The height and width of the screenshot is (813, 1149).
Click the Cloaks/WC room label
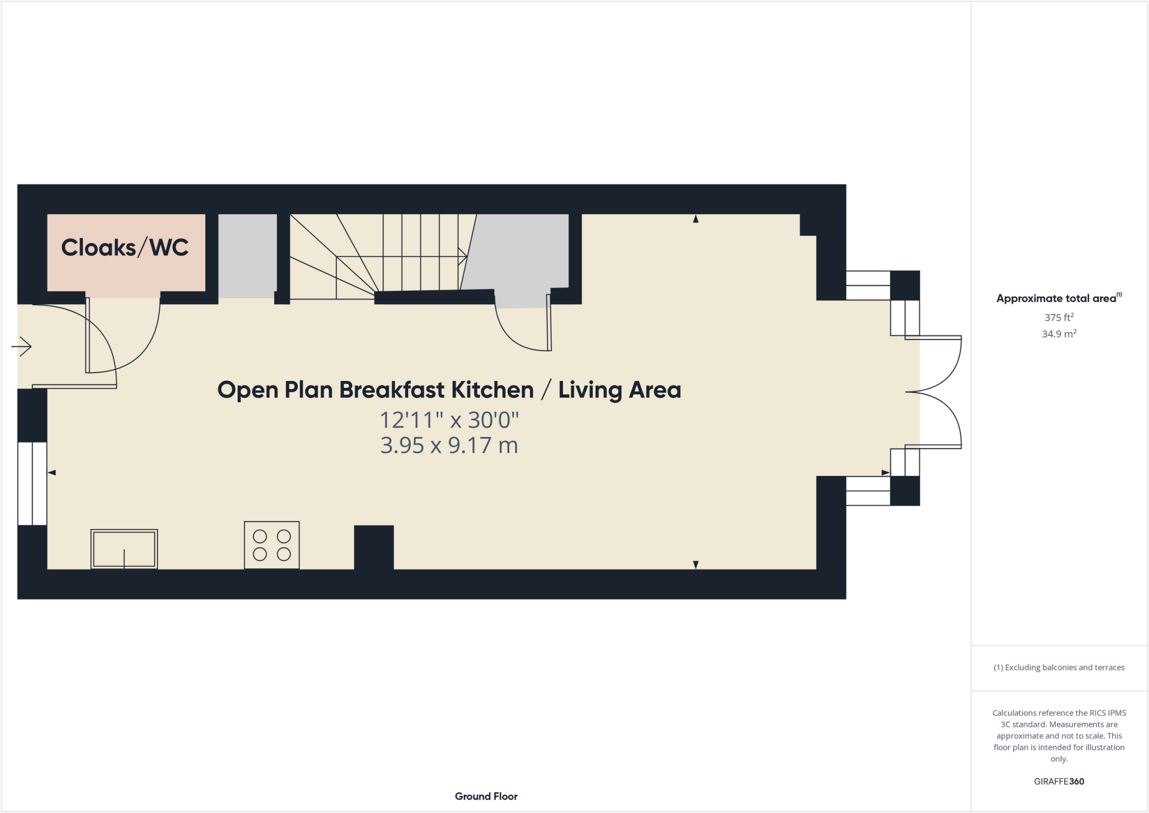click(125, 247)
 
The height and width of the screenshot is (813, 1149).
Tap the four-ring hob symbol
click(272, 545)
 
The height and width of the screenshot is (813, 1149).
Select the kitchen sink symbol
click(124, 549)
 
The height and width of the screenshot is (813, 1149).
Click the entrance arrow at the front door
click(22, 346)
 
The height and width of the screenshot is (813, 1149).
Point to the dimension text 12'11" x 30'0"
click(449, 420)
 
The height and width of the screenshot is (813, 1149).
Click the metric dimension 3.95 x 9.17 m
click(449, 445)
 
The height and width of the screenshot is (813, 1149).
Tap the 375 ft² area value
click(1059, 318)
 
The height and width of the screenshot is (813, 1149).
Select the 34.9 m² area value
click(1059, 334)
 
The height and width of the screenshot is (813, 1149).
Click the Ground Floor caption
click(486, 796)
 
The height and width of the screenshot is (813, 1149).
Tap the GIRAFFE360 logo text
click(1059, 782)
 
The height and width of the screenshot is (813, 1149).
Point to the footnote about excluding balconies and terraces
click(1059, 668)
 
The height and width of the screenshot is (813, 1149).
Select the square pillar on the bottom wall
click(374, 548)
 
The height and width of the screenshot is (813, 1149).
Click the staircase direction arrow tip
click(465, 257)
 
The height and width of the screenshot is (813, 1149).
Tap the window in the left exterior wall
click(32, 483)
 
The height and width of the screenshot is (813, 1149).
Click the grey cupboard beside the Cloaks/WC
click(247, 256)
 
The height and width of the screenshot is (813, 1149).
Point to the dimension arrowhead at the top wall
click(696, 219)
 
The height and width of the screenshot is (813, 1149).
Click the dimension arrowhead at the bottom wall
click(696, 564)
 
